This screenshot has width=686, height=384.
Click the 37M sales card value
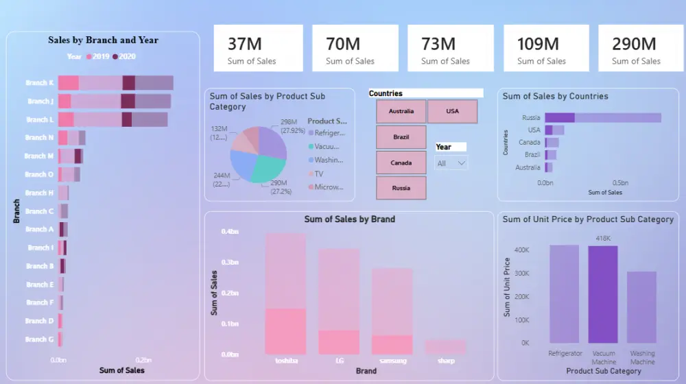[245, 44]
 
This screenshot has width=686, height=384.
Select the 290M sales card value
[634, 44]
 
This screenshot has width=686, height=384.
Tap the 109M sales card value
[538, 44]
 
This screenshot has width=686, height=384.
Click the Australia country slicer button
[401, 111]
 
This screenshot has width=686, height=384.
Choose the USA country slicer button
[452, 111]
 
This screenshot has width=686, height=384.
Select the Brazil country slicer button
[401, 137]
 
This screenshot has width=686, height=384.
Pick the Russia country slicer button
[401, 188]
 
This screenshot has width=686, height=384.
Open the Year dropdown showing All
[451, 163]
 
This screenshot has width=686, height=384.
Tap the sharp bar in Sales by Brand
[445, 346]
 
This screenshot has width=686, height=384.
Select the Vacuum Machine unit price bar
[603, 294]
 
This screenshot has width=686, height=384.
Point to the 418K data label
[603, 239]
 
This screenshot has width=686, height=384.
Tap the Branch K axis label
[40, 83]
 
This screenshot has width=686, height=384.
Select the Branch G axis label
[40, 339]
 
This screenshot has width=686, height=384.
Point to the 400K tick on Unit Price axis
[521, 250]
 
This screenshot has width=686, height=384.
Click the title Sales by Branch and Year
[103, 40]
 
